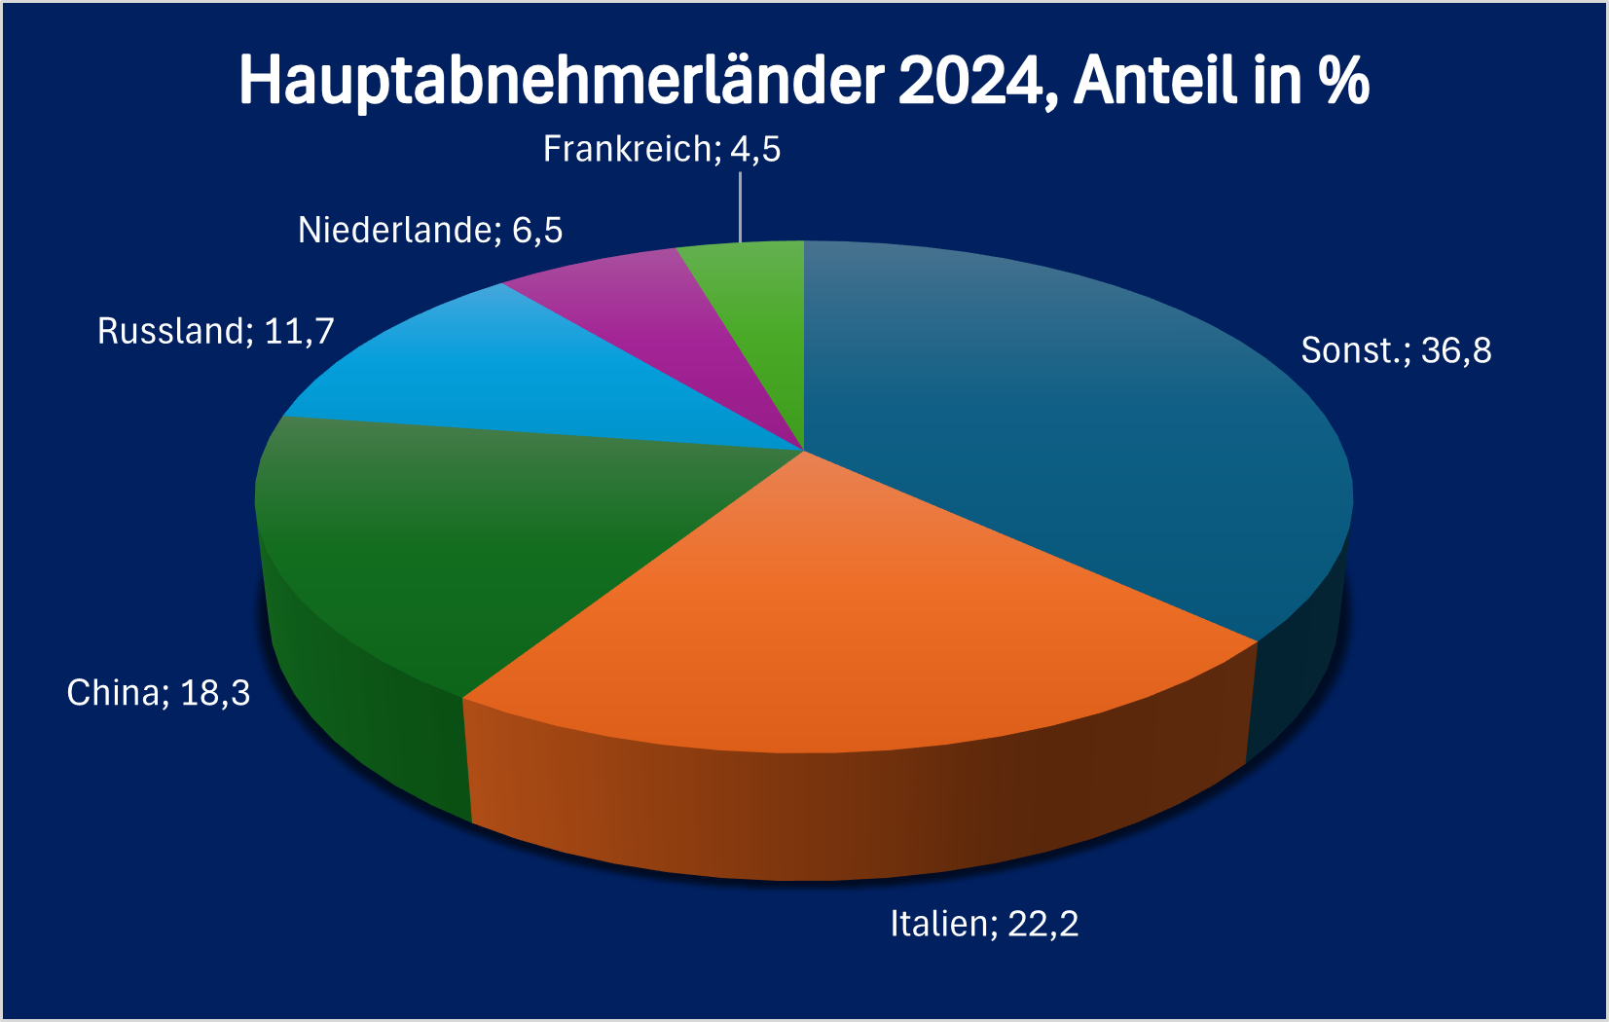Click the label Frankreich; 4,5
tap(662, 150)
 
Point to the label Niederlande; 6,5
tap(430, 231)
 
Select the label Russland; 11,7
tap(215, 332)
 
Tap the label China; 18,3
tap(158, 693)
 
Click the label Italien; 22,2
tap(984, 924)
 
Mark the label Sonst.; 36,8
tap(1396, 350)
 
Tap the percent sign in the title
tap(1344, 80)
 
